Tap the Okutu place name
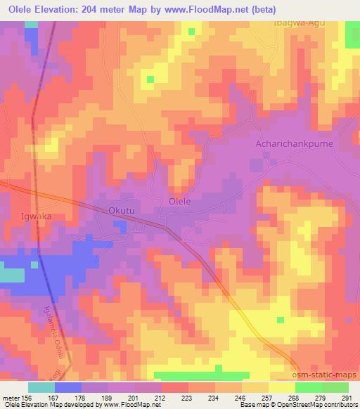click(x=120, y=210)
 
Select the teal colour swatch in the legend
click(x=41, y=387)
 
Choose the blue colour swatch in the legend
click(x=67, y=387)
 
